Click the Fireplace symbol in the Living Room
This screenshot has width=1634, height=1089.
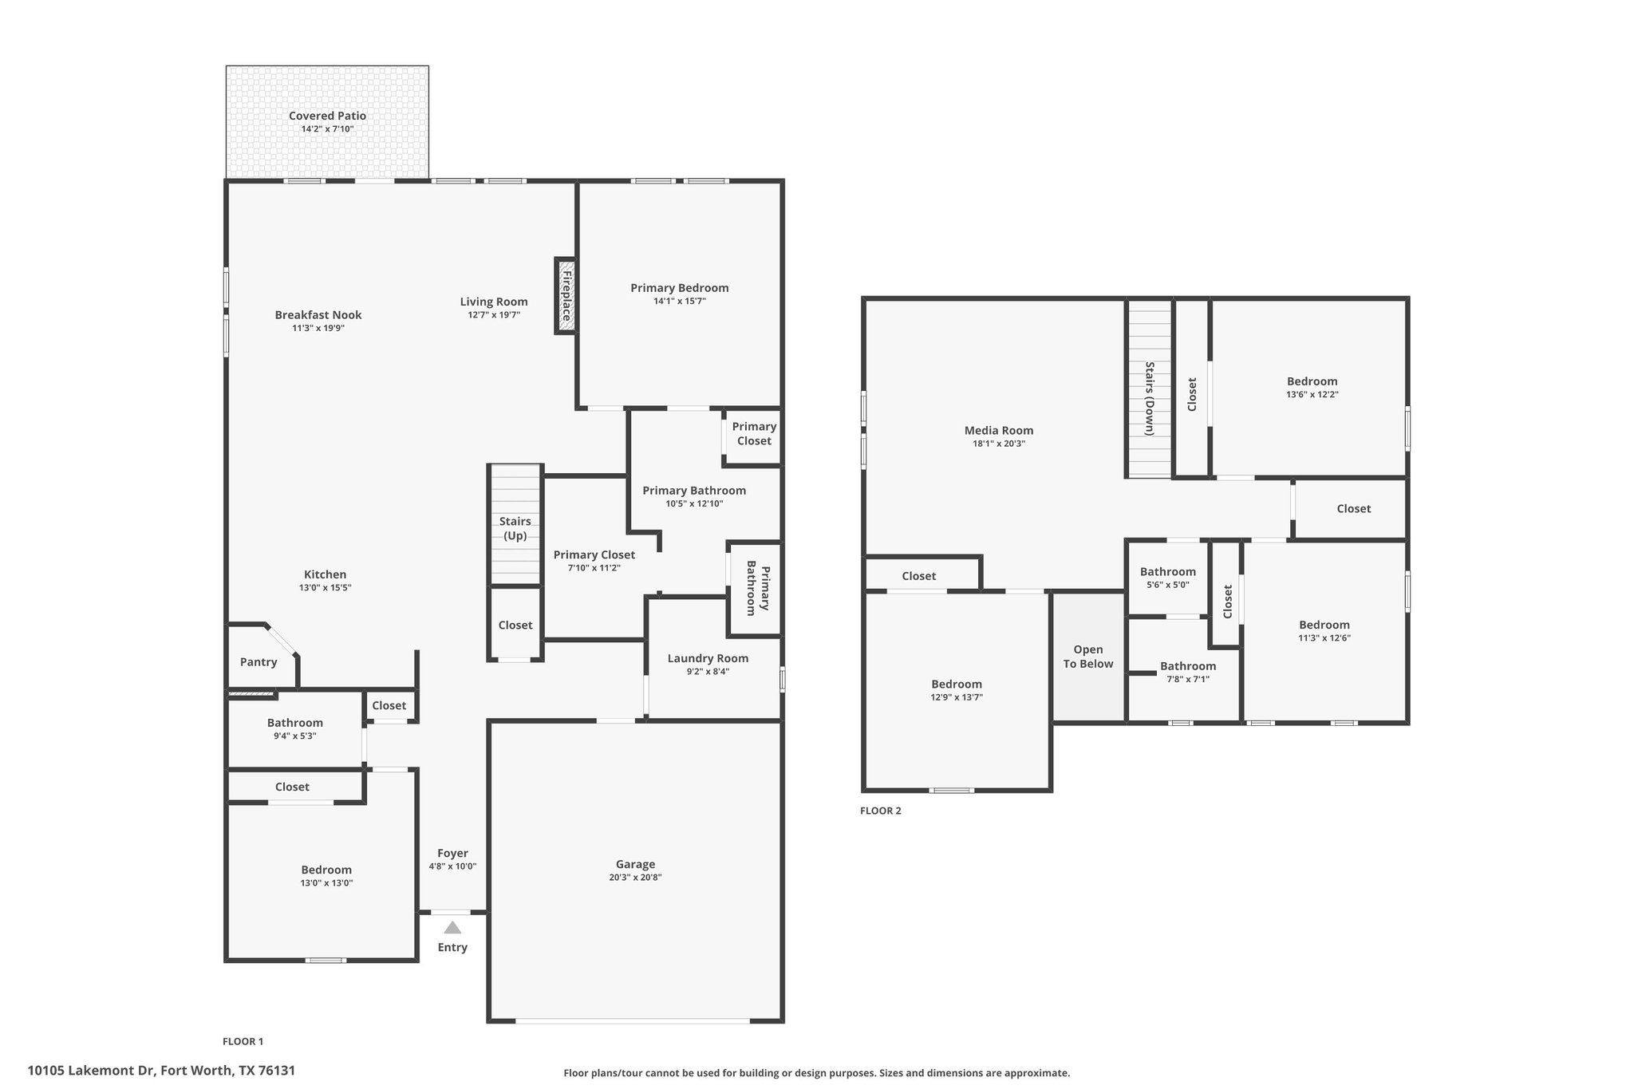click(566, 296)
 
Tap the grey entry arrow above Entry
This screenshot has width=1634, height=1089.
click(452, 927)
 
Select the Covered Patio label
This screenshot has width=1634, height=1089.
click(327, 116)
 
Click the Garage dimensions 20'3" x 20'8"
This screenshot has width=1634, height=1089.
click(635, 878)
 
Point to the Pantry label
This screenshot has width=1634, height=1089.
click(259, 662)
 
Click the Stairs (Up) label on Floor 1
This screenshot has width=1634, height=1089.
click(515, 528)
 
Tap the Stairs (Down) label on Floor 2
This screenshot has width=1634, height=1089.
click(1150, 398)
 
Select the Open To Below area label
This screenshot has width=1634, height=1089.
click(1088, 657)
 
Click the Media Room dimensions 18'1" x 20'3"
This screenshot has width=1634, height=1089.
click(999, 444)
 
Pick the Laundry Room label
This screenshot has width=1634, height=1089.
click(708, 658)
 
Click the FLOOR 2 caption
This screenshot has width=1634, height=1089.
click(881, 811)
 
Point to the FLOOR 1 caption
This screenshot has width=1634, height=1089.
click(243, 1041)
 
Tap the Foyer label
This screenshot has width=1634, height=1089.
click(452, 853)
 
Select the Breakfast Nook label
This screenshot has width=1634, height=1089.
click(318, 315)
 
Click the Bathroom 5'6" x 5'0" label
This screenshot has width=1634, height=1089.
click(1168, 571)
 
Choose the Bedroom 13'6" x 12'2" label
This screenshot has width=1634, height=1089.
click(1312, 381)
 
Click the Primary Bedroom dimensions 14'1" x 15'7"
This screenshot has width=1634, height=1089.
click(680, 302)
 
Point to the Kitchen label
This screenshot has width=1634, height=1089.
click(326, 574)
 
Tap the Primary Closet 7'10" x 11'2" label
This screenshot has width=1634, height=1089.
click(594, 555)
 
